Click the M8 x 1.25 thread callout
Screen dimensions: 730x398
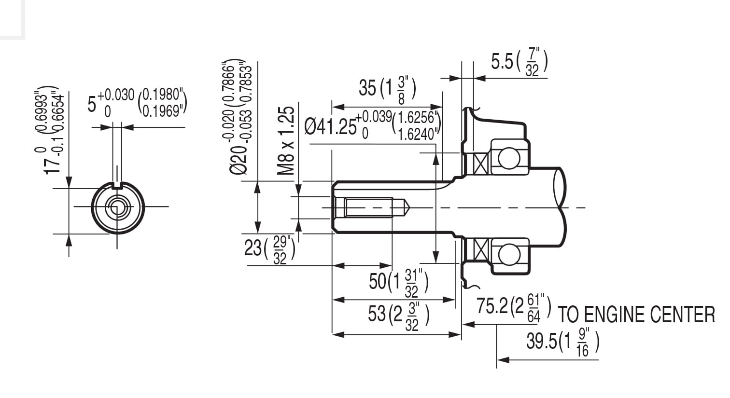(286, 140)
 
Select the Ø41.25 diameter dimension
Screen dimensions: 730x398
(330, 126)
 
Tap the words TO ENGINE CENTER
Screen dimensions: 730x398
(636, 315)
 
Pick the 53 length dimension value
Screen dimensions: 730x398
(377, 314)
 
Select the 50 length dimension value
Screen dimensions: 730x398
(378, 281)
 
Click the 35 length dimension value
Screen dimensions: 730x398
(367, 88)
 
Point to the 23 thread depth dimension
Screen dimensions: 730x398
(253, 248)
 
